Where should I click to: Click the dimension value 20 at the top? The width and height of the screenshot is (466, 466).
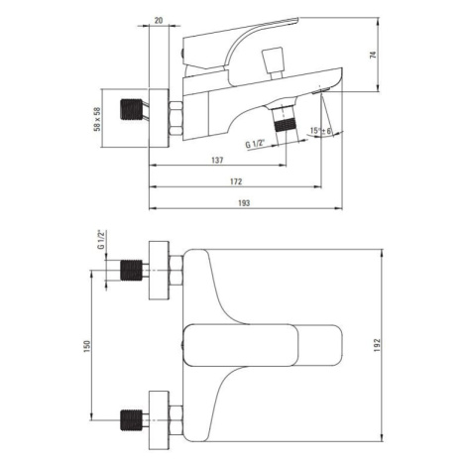[159, 20]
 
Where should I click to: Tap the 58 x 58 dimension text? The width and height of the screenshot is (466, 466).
[97, 119]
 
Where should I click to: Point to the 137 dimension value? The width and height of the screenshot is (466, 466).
[217, 161]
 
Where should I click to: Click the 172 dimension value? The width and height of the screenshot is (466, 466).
[236, 181]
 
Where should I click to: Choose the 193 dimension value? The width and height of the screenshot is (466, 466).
[244, 203]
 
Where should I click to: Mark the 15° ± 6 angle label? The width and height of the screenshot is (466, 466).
[320, 131]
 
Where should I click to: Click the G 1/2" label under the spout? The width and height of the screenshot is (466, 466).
[256, 144]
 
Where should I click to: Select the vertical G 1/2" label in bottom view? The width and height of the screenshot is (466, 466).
[101, 240]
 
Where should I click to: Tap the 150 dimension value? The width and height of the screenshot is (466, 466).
[87, 346]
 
